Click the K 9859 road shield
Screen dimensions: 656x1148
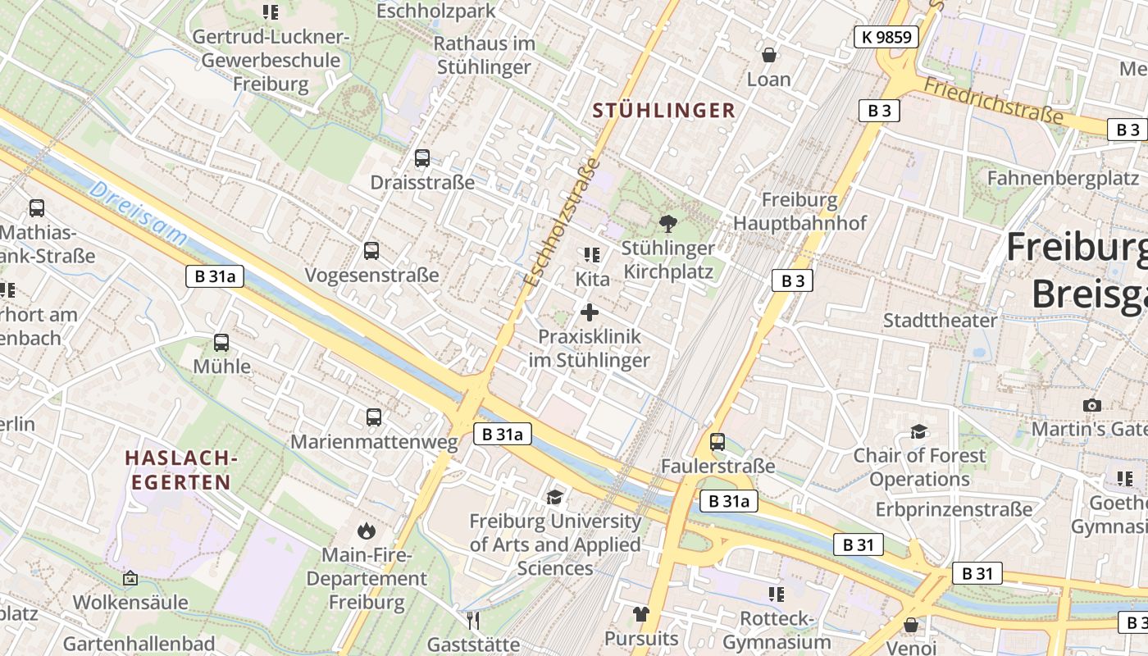[886, 36]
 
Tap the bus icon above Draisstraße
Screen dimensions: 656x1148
[422, 158]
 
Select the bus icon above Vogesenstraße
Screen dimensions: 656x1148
[371, 251]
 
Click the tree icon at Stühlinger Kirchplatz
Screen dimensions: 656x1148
[668, 223]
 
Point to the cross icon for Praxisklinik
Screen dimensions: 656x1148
[589, 312]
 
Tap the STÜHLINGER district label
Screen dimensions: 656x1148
[663, 111]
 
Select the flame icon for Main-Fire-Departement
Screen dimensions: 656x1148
[366, 531]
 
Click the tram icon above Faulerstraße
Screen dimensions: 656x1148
[717, 442]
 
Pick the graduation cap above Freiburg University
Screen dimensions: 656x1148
[555, 497]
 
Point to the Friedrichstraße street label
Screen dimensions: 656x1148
[993, 101]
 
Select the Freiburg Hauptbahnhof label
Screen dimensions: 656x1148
[799, 212]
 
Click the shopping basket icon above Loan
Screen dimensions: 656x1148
[769, 55]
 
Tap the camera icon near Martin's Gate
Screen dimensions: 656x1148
[1091, 405]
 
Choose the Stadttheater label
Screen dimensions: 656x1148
[940, 321]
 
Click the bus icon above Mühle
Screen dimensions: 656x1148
[221, 343]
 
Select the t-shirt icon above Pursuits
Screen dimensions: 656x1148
[641, 614]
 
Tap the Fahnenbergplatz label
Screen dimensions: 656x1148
[1063, 178]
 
